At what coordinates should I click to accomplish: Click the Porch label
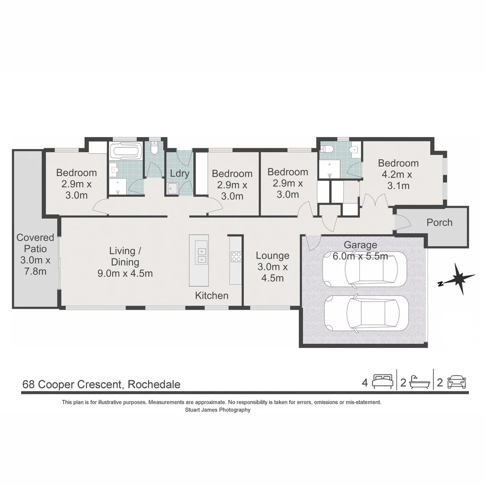[x=439, y=222]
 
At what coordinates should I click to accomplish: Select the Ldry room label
[x=179, y=173]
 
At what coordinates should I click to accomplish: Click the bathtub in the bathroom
[x=125, y=151]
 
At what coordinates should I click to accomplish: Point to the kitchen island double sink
[x=201, y=256]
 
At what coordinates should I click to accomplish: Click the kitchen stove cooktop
[x=236, y=257]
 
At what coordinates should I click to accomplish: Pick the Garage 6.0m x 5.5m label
[x=360, y=251]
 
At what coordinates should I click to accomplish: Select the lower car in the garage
[x=366, y=313]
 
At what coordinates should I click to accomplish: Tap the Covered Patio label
[x=35, y=254]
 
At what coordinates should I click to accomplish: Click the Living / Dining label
[x=125, y=262]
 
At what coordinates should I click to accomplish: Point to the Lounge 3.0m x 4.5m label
[x=272, y=266]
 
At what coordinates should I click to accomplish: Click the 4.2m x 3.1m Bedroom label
[x=398, y=174]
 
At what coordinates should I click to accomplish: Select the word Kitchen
[x=212, y=295]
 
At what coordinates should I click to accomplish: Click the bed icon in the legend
[x=383, y=382]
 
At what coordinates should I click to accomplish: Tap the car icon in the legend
[x=456, y=382]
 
